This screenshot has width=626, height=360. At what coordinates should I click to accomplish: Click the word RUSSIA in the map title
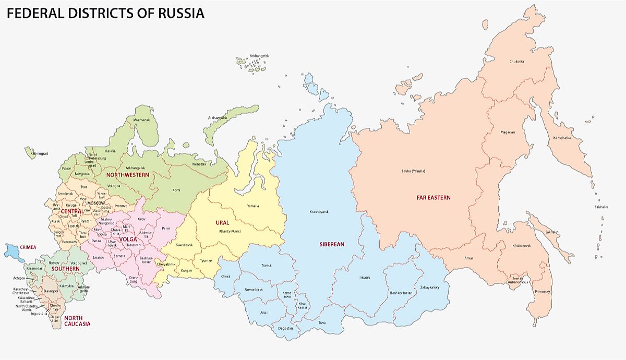pos(180,13)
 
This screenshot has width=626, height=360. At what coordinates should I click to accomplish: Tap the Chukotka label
pos(517,62)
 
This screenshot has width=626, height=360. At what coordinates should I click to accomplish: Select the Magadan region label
pos(508,132)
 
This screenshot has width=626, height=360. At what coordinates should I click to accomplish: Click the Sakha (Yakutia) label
pos(413,171)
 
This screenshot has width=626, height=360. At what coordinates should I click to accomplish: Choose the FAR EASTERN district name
pos(433,198)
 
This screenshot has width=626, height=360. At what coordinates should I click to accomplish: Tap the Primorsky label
pos(542,292)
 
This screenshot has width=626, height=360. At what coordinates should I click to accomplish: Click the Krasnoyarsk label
pos(319,212)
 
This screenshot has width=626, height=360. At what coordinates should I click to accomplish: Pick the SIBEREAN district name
pos(332,244)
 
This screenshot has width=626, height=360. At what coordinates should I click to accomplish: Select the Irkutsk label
pos(364,278)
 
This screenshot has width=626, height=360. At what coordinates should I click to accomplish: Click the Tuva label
pos(322,323)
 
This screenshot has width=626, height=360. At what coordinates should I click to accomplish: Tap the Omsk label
pos(225,276)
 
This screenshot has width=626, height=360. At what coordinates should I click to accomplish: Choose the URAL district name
pos(222,223)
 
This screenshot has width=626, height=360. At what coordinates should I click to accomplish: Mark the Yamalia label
pos(252,206)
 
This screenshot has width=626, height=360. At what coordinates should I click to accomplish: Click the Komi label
pos(176,190)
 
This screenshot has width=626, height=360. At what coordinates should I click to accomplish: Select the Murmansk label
pos(141,120)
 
